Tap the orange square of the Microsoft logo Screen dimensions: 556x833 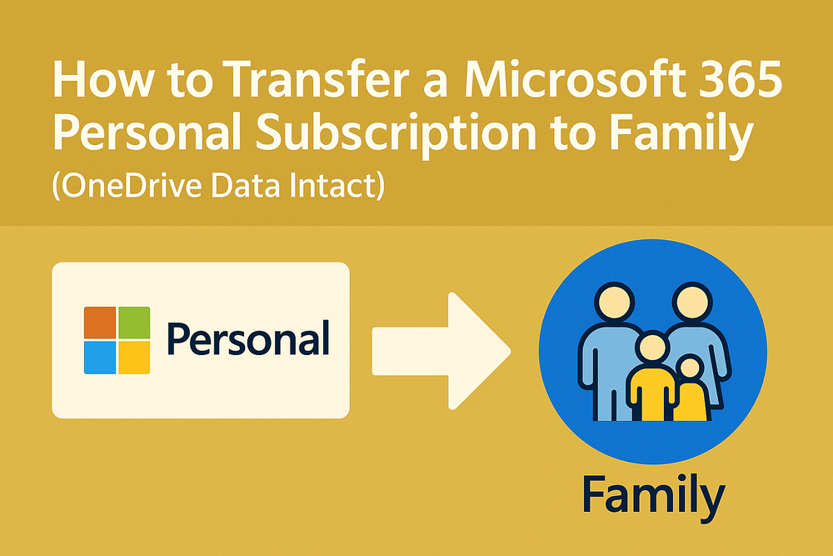point(99,322)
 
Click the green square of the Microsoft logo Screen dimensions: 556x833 point(134,322)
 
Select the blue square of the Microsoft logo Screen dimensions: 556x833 point(99,357)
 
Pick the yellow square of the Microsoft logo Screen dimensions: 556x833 point(134,357)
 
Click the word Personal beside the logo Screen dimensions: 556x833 point(247,340)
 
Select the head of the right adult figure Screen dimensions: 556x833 point(691,302)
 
